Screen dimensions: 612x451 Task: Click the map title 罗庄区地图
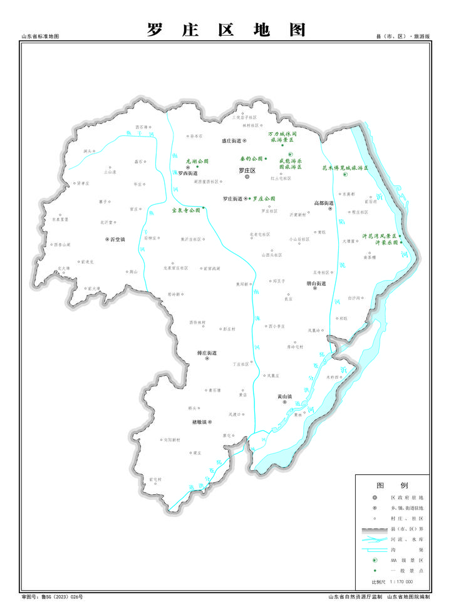[x=226, y=30]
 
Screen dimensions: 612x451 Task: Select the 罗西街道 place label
[x=187, y=174]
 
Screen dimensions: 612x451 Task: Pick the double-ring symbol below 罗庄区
[x=247, y=177]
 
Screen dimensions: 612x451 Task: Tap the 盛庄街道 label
[x=232, y=142]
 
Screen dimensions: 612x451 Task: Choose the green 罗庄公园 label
[x=264, y=199]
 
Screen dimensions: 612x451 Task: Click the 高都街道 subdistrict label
[x=324, y=202]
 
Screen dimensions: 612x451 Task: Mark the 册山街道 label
[x=316, y=283]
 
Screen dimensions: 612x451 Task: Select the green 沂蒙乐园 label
[x=386, y=242]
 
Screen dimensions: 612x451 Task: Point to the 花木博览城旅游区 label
[x=345, y=168]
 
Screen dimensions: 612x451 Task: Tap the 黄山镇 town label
[x=285, y=396]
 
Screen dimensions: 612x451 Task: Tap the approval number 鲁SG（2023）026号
[x=61, y=597]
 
